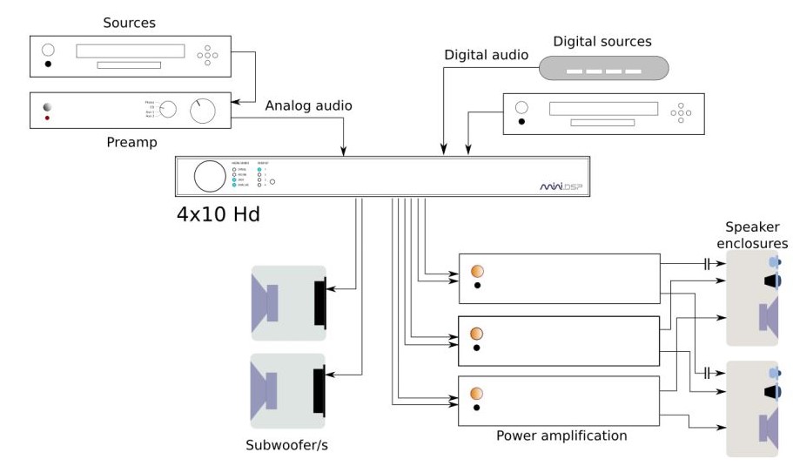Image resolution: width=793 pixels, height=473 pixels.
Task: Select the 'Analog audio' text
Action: click(x=309, y=106)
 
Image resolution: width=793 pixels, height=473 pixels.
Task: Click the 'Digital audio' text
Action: click(x=486, y=55)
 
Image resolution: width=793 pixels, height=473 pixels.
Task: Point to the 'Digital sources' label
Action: click(x=602, y=41)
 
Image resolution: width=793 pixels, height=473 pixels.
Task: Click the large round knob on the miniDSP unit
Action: click(x=209, y=175)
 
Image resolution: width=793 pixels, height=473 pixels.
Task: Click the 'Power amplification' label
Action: click(x=561, y=435)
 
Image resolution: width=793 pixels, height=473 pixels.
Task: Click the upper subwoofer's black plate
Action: click(x=320, y=303)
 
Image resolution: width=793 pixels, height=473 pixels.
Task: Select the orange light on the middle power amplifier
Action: click(x=476, y=334)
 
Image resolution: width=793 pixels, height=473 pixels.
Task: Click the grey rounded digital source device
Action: click(x=603, y=69)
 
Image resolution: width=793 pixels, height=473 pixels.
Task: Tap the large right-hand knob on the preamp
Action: click(x=204, y=111)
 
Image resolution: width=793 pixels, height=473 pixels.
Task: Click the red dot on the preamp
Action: click(x=47, y=118)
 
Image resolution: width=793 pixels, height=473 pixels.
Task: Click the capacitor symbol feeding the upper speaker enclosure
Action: click(x=708, y=262)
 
